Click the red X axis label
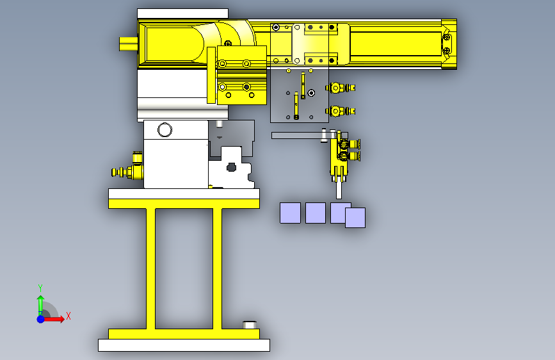click(x=68, y=316)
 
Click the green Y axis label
click(x=40, y=288)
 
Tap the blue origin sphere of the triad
click(x=41, y=319)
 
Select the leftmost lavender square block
click(x=290, y=213)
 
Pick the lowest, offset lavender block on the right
click(x=355, y=218)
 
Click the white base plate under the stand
click(x=184, y=345)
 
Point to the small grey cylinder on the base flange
click(x=250, y=325)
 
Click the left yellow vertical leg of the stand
click(x=151, y=268)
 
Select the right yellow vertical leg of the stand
click(x=218, y=268)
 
